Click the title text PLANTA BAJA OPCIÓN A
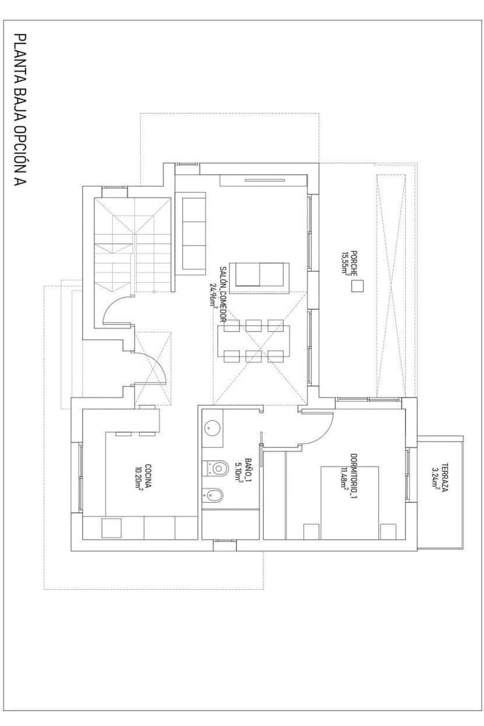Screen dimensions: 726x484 [20, 110]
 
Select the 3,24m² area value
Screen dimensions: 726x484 [436, 478]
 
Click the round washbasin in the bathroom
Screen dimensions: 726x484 [212, 428]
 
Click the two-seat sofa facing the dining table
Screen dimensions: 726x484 [261, 275]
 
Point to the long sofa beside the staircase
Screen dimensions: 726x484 [193, 232]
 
